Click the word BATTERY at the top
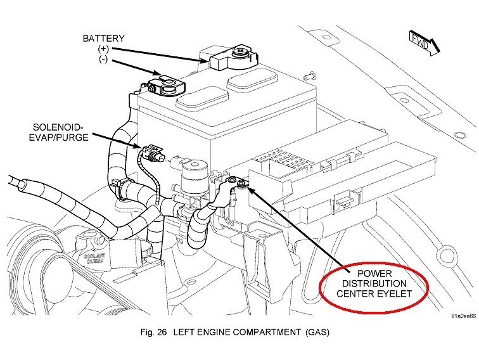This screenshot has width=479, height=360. click(x=104, y=38)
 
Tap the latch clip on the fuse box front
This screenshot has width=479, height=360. click(x=345, y=202)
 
